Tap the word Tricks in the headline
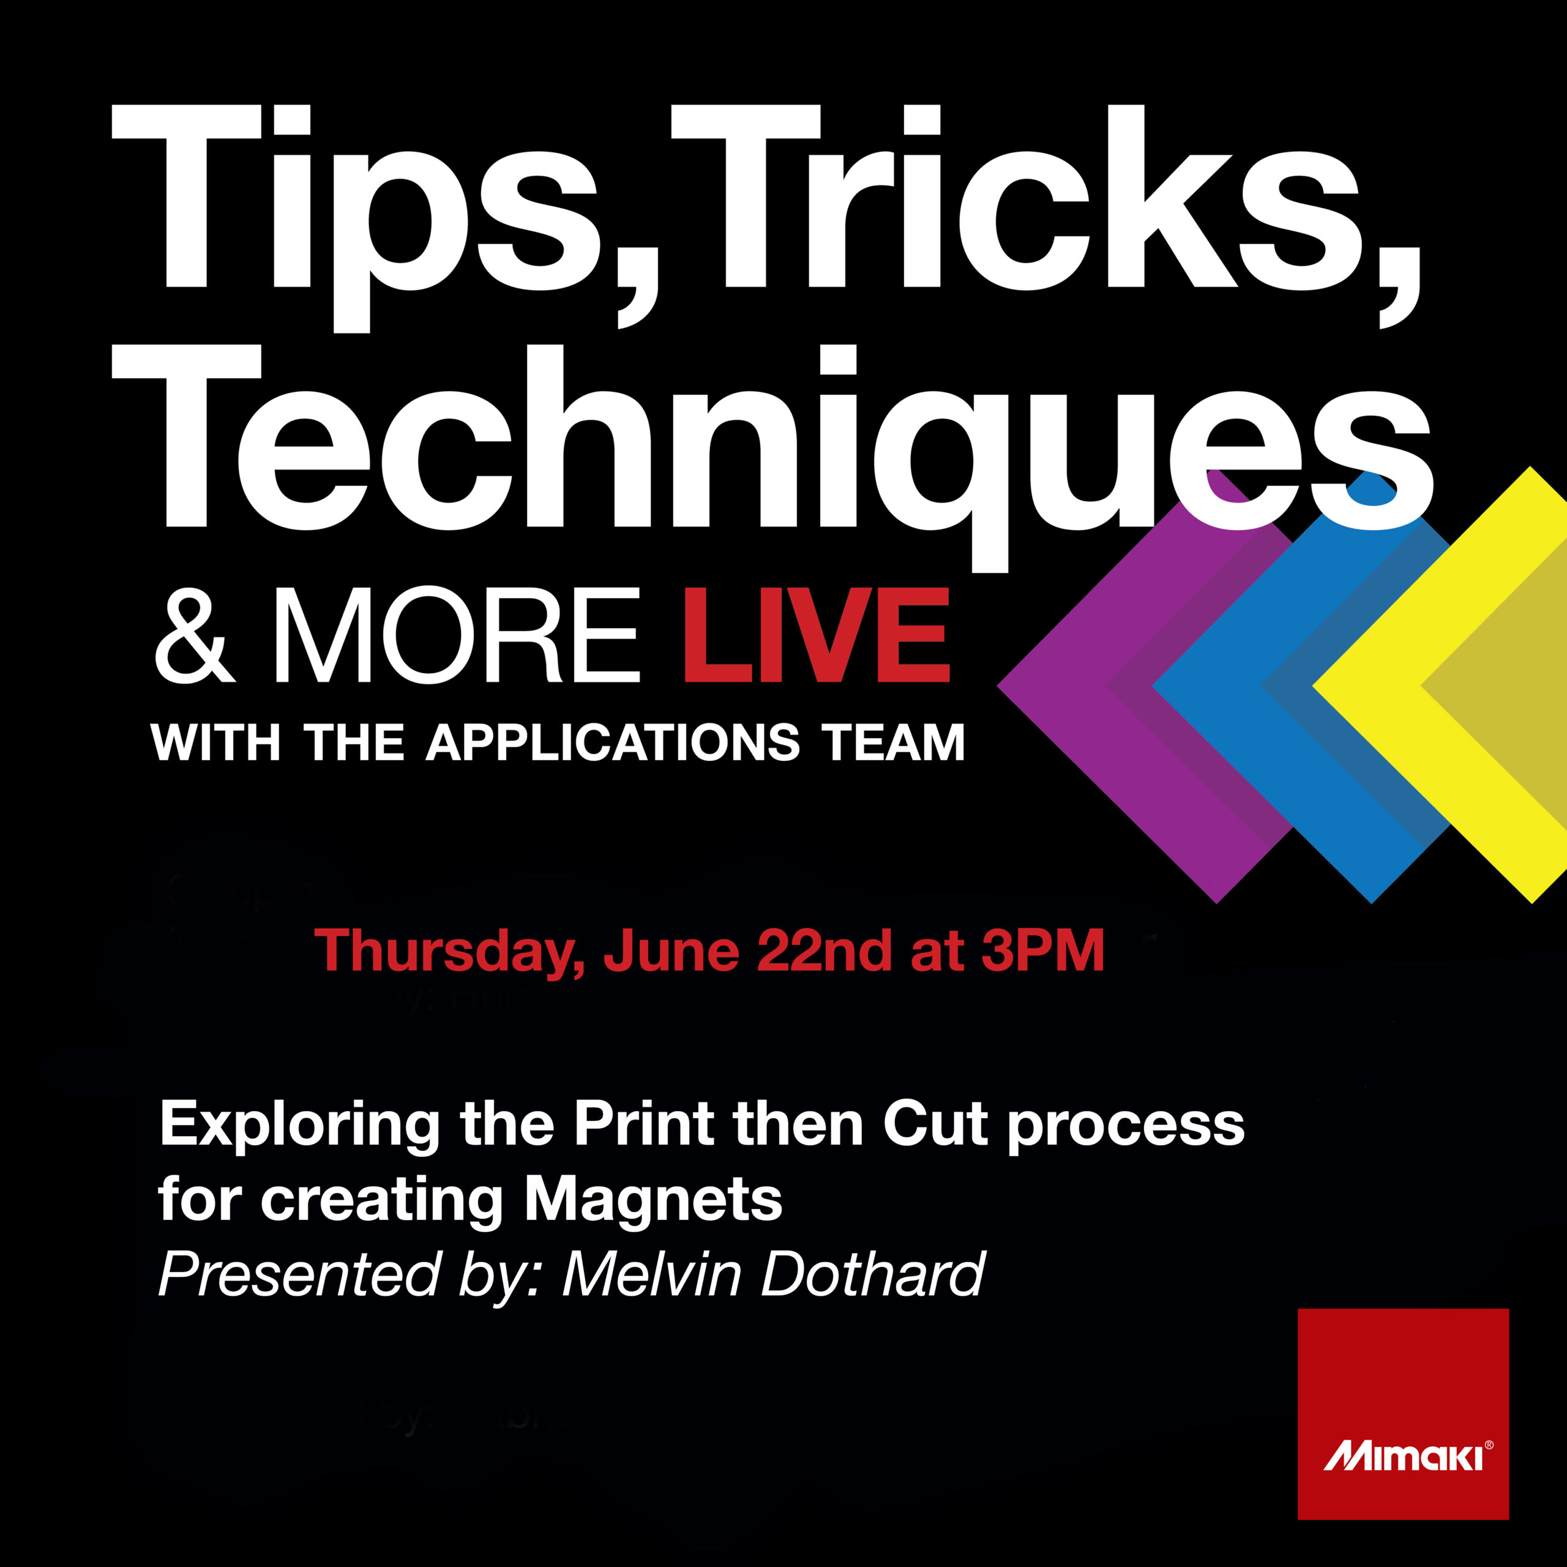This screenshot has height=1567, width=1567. pos(1046,215)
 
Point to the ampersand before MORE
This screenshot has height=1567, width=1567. pos(195,637)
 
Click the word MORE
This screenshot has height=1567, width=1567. pos(457,636)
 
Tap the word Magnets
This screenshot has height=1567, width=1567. pos(654,1200)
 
